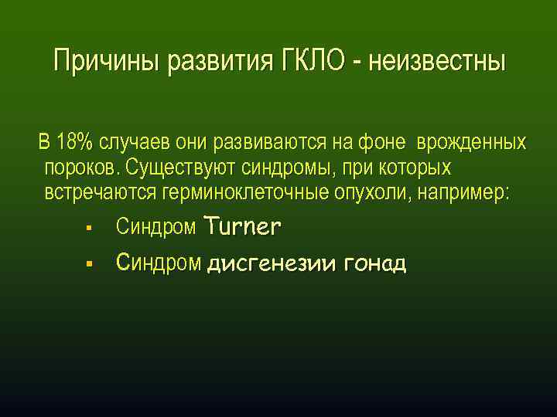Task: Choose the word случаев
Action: [135, 143]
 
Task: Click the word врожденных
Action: [472, 143]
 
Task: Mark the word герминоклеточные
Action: [244, 192]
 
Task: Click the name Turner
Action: [242, 227]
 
